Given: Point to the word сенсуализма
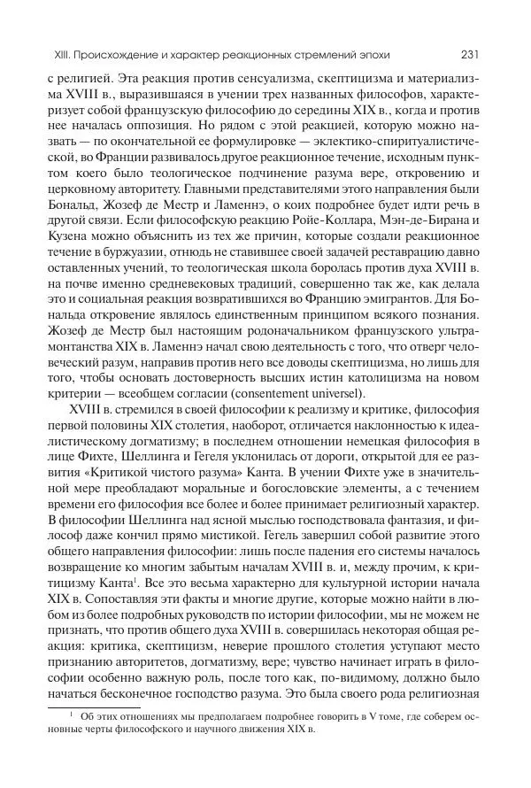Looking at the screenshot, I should click(x=275, y=78).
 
